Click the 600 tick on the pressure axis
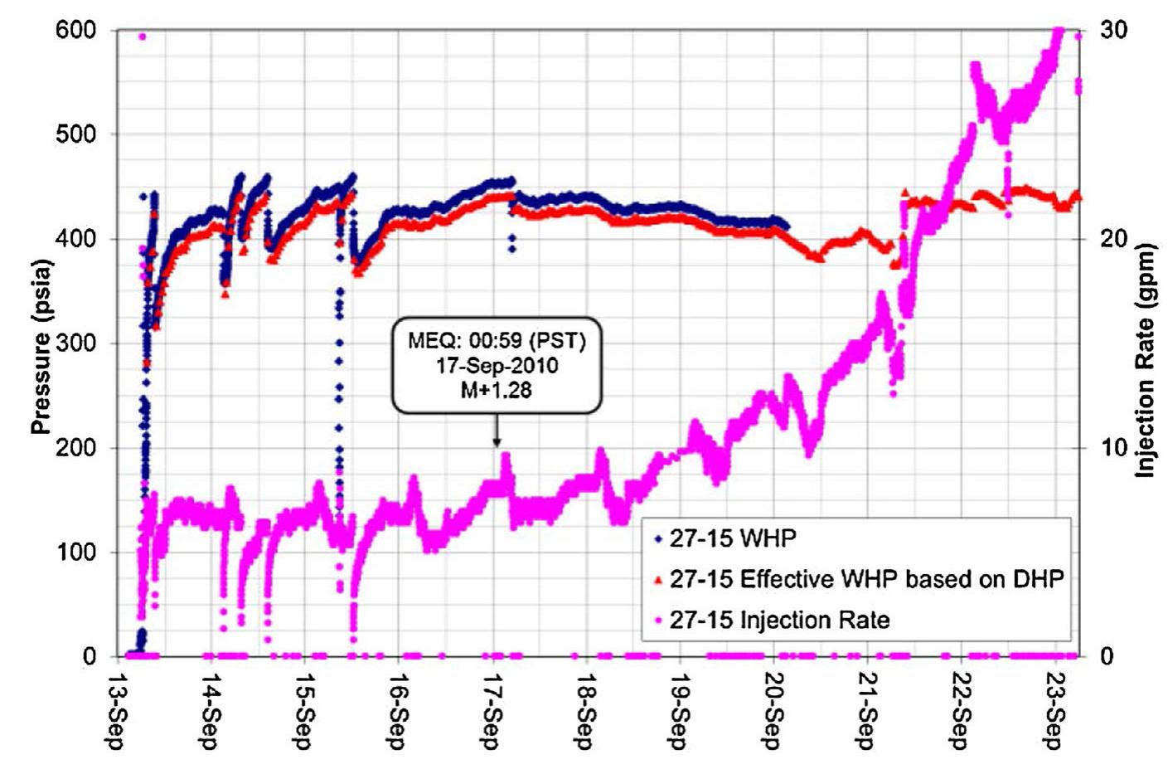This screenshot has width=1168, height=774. pos(76,31)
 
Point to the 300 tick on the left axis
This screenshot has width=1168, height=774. pos(76,343)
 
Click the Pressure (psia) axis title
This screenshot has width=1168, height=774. pos(41,347)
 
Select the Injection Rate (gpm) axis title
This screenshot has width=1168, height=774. pos(1146,360)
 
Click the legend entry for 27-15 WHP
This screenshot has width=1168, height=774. pos(733,538)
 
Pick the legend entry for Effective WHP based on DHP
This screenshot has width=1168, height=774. pos(866,579)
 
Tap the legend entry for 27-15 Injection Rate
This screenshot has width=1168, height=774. pos(779,620)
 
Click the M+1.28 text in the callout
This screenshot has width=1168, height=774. pos(496,389)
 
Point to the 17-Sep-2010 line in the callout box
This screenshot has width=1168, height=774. pos(497,365)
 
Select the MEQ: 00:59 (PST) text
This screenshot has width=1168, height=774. pos(497,341)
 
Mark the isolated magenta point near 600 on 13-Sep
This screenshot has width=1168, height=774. pos(142,37)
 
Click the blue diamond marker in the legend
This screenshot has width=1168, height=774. pos(658,539)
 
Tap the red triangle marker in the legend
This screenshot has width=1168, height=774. pos(658,580)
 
